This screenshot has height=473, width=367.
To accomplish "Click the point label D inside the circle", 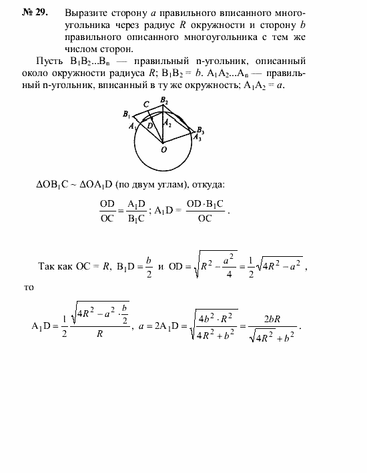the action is point(150,125).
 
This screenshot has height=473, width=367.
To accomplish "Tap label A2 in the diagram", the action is point(168,122).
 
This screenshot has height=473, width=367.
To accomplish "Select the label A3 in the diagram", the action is point(197,138).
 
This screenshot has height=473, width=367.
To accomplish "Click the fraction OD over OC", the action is point(107,210).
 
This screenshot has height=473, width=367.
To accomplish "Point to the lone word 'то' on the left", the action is point(28,288).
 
